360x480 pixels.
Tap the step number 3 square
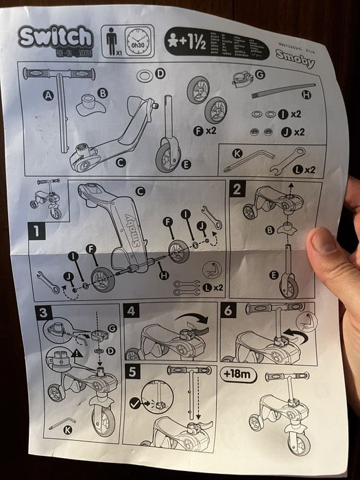tap(43, 313)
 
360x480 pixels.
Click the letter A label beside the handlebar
tap(48, 96)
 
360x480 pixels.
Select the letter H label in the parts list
tap(306, 95)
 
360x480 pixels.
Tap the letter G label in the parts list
tap(260, 74)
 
